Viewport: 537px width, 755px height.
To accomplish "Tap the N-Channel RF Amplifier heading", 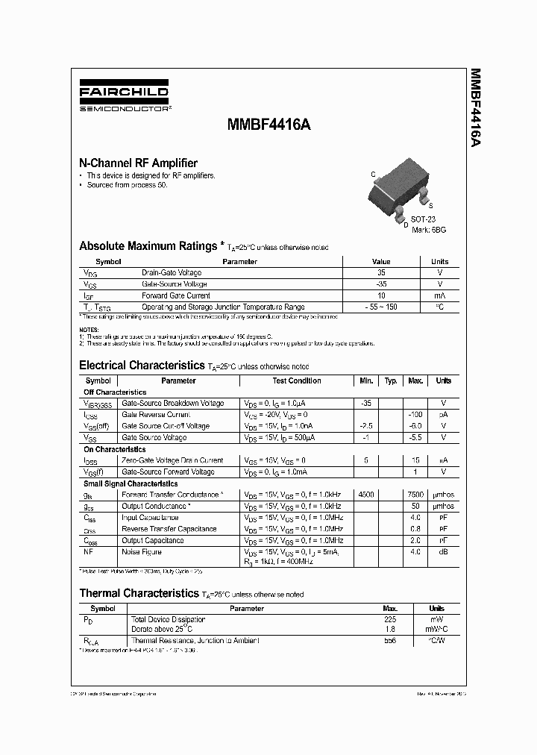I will click(138, 163).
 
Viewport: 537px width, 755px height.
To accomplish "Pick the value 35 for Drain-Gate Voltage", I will click(382, 273).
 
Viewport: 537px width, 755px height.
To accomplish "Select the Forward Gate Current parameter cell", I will click(176, 295).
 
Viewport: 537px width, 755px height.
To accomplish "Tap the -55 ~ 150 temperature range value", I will click(382, 307).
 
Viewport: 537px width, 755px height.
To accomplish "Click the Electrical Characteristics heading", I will click(142, 366).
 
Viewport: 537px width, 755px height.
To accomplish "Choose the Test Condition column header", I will click(297, 380).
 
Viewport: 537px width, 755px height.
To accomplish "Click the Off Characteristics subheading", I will click(115, 392).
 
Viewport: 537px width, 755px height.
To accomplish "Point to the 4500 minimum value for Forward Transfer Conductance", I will click(366, 495).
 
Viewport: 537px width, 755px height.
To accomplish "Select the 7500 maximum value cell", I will click(415, 495).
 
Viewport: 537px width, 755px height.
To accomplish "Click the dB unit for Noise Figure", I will click(443, 552).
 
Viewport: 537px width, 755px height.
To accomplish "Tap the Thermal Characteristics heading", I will click(139, 594).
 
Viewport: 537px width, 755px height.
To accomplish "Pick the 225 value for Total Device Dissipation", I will click(389, 619).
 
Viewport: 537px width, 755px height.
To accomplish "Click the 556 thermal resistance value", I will click(389, 641).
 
